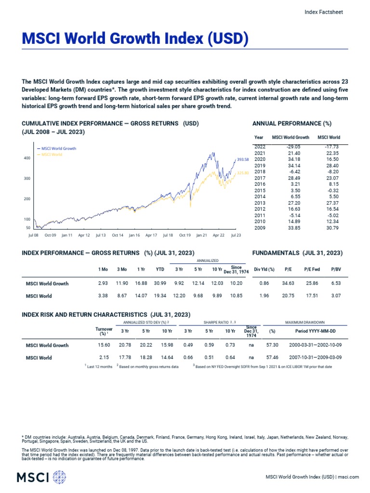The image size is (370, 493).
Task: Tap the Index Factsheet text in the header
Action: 324,12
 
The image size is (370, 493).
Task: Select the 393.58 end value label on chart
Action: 242,159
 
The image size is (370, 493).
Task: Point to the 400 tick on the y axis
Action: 27,158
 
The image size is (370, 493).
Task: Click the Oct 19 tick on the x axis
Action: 185,235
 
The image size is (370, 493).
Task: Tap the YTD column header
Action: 160,269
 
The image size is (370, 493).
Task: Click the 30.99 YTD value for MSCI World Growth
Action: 160,284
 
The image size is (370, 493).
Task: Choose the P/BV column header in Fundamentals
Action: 336,269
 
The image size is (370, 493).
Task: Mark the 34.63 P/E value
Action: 288,284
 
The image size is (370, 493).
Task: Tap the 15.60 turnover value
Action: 104,345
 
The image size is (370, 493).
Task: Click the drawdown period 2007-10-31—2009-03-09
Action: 315,358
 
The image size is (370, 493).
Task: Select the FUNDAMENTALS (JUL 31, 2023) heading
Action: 297,252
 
